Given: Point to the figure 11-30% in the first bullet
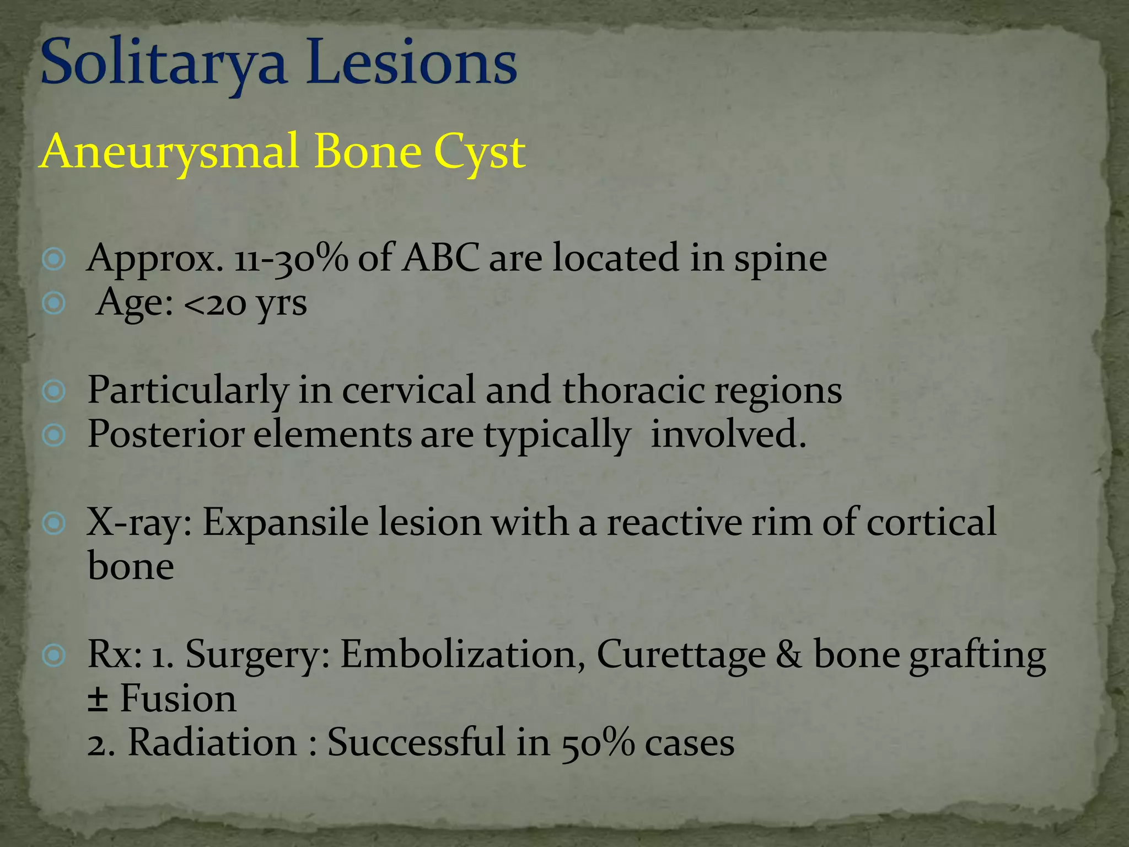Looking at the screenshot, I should (291, 259).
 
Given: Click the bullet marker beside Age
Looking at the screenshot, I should (54, 303).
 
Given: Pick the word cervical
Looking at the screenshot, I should (408, 390).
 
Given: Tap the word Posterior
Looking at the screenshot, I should (166, 435).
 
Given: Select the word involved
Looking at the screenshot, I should (728, 434).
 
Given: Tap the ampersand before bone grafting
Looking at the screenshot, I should (789, 655).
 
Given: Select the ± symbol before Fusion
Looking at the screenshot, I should (98, 699).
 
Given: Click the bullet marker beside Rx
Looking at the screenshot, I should (54, 655).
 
